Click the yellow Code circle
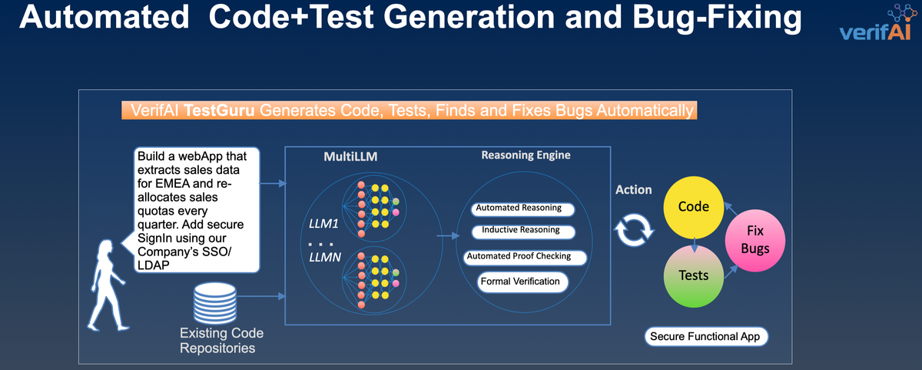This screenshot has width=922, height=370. point(693,208)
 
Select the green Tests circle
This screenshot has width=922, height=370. point(693,275)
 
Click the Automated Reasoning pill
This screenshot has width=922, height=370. point(519,208)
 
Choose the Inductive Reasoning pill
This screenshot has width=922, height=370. point(520,230)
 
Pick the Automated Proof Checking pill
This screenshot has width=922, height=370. point(519,256)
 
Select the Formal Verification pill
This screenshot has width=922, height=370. point(520,282)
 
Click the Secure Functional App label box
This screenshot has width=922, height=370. point(705,336)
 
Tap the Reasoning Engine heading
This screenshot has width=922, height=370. point(526,155)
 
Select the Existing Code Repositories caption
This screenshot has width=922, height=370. point(221,341)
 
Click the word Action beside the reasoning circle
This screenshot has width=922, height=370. point(634,189)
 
